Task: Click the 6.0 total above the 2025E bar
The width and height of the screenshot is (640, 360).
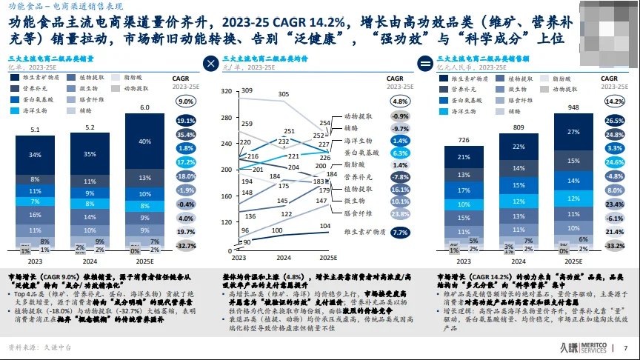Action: pos(146,107)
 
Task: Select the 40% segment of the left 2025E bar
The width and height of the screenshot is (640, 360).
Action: pos(146,141)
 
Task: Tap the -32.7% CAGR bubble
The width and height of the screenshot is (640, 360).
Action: pos(186,245)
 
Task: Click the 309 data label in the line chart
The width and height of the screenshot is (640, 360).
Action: pos(247,90)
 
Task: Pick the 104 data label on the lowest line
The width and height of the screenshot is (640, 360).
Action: pos(324,226)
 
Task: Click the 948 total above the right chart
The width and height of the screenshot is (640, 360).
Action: pos(573,107)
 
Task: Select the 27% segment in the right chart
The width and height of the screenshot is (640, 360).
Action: pos(573,132)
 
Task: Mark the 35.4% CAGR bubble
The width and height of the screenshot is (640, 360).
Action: pos(186,134)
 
